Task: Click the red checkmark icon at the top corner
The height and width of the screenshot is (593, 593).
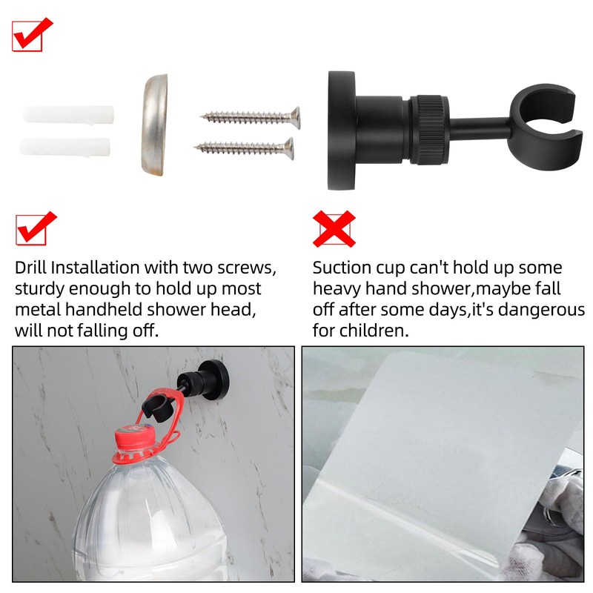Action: [32, 34]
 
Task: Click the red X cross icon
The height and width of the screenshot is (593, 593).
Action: [334, 228]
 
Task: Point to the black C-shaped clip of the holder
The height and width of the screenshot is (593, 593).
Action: [545, 119]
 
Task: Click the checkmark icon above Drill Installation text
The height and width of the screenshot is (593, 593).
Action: [36, 228]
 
